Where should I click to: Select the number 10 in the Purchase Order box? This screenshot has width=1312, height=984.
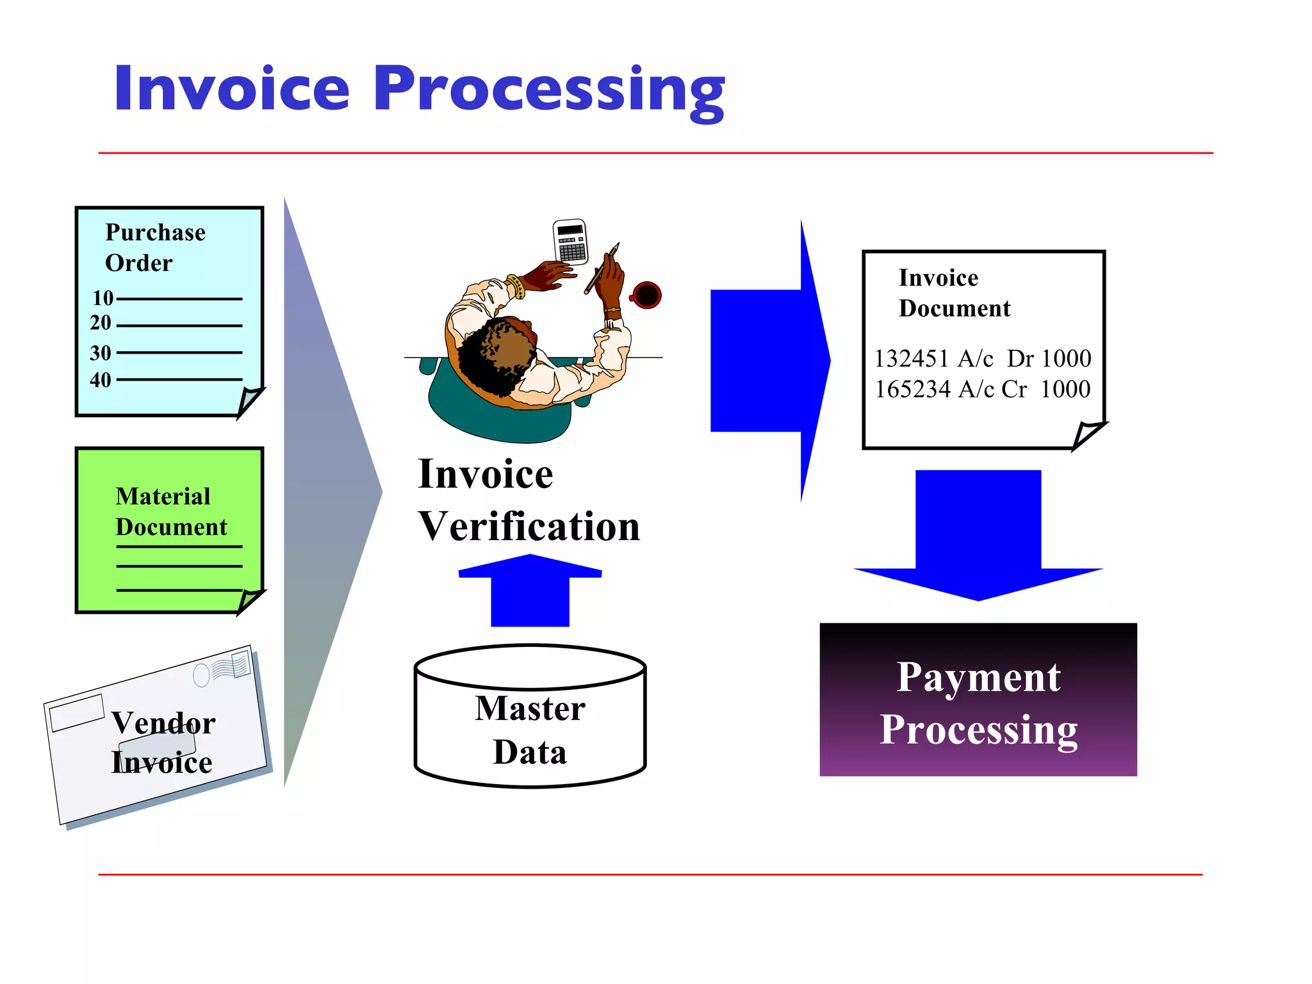(102, 298)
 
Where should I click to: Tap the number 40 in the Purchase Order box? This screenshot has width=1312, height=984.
(101, 380)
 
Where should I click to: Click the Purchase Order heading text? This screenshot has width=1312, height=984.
(155, 247)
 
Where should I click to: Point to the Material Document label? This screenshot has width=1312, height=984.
(170, 511)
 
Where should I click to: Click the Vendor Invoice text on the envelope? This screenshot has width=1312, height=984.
(163, 742)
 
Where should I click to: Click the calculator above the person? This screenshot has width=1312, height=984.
(570, 242)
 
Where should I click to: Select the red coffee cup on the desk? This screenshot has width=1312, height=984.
(646, 295)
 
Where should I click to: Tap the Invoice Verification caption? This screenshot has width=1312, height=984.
(529, 500)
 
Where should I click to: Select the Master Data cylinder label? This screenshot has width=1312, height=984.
(530, 730)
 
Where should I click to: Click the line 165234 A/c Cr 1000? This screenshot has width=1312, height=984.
(982, 389)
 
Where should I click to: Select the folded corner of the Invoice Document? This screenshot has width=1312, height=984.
(1088, 434)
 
